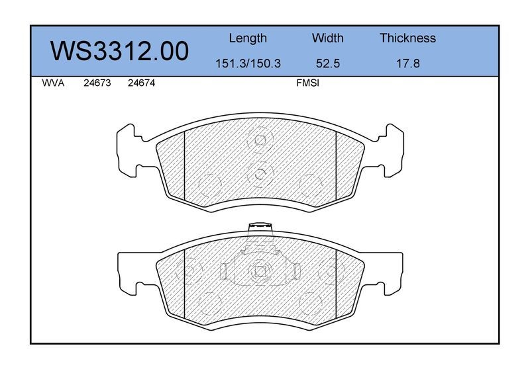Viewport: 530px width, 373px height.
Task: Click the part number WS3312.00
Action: pyautogui.click(x=120, y=52)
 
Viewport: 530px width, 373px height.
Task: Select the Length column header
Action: pyautogui.click(x=248, y=38)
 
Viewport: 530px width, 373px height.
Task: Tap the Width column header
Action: pyautogui.click(x=327, y=38)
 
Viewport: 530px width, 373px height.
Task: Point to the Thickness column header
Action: pyautogui.click(x=407, y=38)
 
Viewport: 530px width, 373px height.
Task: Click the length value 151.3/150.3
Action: pyautogui.click(x=248, y=63)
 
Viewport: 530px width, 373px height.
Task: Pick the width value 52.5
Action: pyautogui.click(x=327, y=63)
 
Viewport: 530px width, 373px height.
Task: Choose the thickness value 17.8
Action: pyautogui.click(x=408, y=63)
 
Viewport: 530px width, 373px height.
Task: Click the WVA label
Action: pyautogui.click(x=53, y=83)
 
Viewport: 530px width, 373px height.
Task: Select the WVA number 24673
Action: pyautogui.click(x=97, y=83)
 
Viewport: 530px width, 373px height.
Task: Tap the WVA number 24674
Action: pyautogui.click(x=141, y=83)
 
